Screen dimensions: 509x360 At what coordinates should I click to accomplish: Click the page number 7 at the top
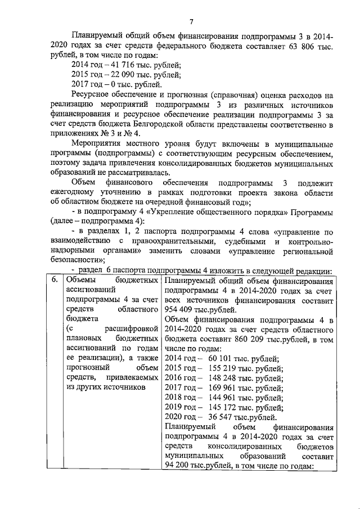[x=191, y=22]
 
